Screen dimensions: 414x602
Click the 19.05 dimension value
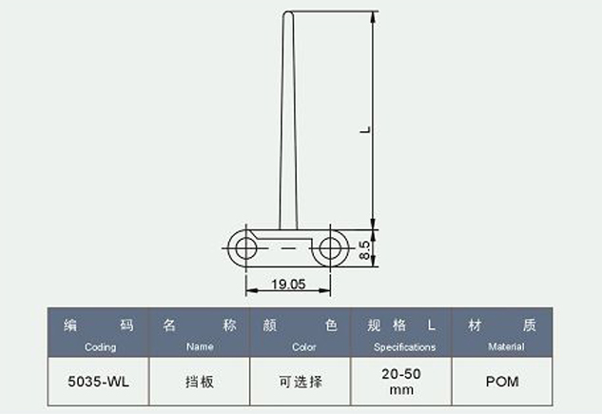[286, 284]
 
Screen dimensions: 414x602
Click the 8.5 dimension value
[364, 249]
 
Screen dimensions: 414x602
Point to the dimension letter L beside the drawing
[364, 128]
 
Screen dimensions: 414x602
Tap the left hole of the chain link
[244, 249]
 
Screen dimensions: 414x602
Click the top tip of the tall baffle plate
[287, 11]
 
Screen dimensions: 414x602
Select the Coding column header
[100, 333]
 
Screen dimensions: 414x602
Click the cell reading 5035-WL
[99, 383]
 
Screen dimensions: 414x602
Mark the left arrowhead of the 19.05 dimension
[249, 291]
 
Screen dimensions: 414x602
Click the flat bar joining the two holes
[287, 249]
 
